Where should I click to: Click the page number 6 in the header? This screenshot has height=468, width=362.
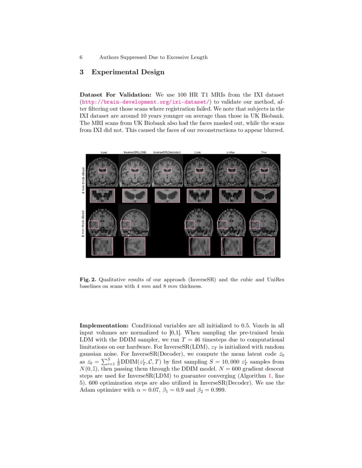tap(81, 57)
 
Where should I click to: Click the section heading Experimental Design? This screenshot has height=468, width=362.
tap(128, 72)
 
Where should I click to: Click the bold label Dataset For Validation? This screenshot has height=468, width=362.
tap(116, 94)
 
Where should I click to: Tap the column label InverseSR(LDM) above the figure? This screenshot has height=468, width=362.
tap(135, 152)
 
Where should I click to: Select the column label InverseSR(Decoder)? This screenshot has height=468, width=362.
tap(167, 152)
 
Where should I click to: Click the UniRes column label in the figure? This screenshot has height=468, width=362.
tap(230, 152)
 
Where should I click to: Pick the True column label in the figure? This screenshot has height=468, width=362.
tap(264, 152)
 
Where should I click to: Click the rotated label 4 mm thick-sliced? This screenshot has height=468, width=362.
tap(83, 180)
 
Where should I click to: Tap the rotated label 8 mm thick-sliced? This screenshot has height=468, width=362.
tap(83, 224)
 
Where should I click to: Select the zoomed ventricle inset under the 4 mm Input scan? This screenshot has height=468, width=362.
tap(103, 196)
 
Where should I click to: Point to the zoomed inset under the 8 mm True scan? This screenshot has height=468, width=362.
tap(264, 246)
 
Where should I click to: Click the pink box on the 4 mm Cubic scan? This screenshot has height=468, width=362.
tap(199, 171)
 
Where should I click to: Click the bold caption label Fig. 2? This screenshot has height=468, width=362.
tap(88, 280)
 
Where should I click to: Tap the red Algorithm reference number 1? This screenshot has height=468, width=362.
tap(270, 376)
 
